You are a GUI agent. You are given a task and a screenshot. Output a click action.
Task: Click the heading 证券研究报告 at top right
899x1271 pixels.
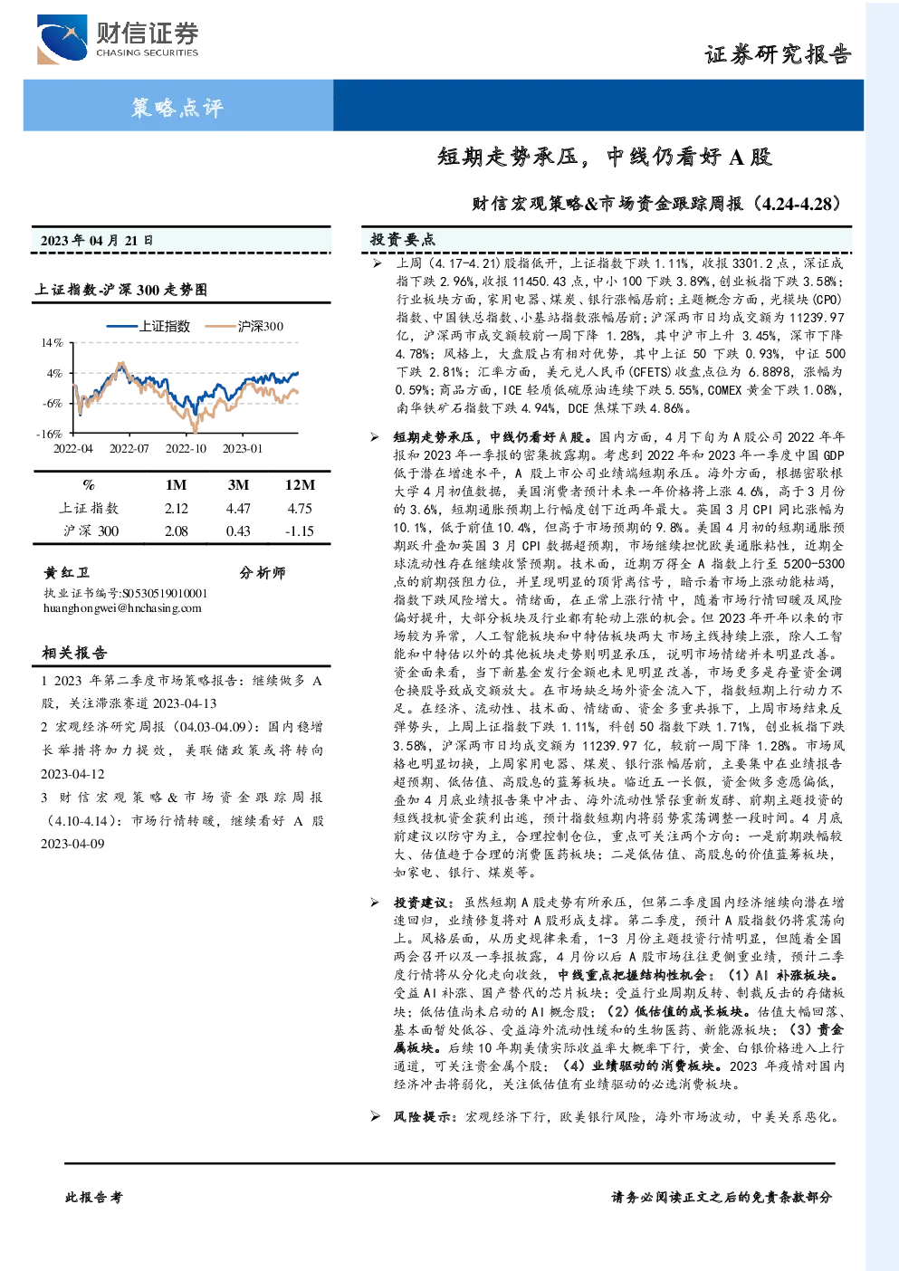click(778, 54)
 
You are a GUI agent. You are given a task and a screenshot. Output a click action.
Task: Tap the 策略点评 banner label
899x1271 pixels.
click(177, 107)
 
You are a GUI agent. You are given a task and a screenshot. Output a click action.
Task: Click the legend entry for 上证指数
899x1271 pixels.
click(148, 326)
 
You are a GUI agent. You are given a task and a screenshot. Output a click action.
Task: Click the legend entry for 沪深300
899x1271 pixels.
click(244, 326)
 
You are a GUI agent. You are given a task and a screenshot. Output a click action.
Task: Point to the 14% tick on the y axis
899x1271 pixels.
click(52, 343)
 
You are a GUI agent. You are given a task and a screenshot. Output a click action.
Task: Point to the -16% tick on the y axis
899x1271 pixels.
click(50, 434)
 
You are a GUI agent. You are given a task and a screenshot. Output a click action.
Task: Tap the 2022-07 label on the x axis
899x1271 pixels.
click(129, 449)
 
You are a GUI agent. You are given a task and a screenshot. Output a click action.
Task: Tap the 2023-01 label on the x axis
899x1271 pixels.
click(243, 449)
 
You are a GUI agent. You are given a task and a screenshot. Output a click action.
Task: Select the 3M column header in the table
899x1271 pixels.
click(238, 485)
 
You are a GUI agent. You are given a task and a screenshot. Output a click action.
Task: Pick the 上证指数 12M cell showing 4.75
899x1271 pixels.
click(300, 509)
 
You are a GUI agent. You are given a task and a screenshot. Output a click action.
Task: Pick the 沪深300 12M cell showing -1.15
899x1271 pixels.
click(299, 531)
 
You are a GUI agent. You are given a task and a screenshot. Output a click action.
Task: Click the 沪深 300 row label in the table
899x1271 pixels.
click(91, 531)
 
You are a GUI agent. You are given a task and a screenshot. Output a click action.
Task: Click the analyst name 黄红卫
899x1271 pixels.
click(67, 572)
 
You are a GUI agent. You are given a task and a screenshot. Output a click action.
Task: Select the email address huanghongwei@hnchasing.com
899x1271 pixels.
click(122, 608)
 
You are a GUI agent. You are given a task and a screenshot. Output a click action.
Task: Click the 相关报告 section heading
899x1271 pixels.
click(74, 653)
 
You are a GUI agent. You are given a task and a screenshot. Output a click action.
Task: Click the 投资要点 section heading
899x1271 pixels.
click(403, 240)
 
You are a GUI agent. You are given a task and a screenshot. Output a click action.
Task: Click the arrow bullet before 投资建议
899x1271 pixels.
click(375, 903)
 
